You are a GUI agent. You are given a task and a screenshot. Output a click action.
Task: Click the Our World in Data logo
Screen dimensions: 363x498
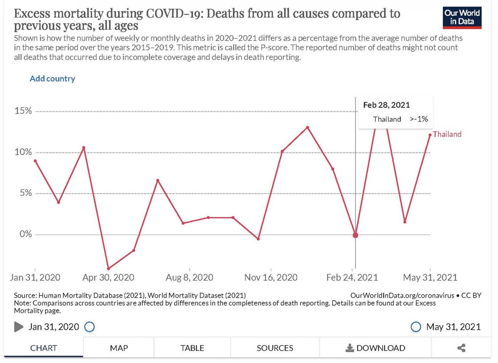click(462, 18)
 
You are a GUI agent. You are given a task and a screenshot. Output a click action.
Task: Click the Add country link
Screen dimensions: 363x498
click(52, 78)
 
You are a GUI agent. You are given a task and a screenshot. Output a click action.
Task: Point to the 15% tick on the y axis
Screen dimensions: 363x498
click(23, 111)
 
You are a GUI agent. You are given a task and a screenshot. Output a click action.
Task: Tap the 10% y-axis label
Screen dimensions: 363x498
click(23, 152)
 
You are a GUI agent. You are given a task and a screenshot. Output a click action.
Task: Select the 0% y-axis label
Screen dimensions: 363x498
click(25, 234)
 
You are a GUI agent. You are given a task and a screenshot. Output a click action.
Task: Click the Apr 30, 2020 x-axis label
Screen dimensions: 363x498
click(108, 277)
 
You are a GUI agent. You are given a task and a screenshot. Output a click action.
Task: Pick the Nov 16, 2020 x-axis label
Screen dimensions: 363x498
click(271, 277)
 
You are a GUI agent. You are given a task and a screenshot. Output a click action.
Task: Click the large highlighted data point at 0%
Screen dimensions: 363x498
click(356, 235)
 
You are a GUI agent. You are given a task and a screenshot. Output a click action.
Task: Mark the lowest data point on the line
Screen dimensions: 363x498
click(108, 269)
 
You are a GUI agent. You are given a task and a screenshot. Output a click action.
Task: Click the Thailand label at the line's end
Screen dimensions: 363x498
click(447, 134)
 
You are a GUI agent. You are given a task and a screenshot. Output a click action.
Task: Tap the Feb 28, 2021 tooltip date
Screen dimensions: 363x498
click(386, 105)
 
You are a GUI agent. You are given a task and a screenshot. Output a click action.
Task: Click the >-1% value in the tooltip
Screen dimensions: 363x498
click(419, 119)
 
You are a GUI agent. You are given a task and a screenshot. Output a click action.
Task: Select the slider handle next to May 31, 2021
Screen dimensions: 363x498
click(416, 327)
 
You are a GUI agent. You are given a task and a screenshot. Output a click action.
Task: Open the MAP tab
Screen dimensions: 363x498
click(119, 348)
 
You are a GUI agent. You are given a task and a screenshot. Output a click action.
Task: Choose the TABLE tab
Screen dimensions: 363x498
click(192, 348)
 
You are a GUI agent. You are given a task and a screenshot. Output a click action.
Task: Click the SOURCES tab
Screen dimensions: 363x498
click(275, 348)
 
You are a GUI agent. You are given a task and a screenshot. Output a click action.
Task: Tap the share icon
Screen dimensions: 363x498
click(461, 348)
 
